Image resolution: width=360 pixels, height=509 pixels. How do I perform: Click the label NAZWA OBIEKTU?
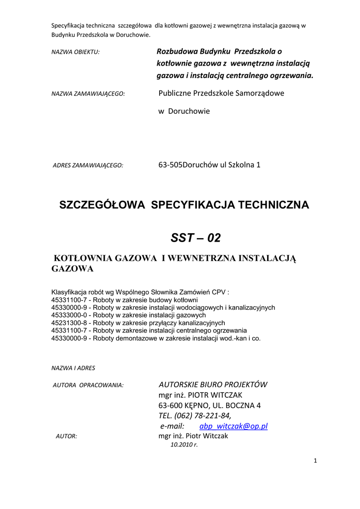tap(76, 52)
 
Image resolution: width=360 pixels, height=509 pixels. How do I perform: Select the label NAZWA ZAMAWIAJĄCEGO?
tap(88, 93)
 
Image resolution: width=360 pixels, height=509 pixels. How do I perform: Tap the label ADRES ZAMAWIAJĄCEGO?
tap(88, 166)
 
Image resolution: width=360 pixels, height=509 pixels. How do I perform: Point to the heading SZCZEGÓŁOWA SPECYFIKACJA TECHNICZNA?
tap(184, 205)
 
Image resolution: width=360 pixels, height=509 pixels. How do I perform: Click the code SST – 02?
tap(195, 238)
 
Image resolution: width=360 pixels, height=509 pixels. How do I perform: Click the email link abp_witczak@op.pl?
tap(234, 426)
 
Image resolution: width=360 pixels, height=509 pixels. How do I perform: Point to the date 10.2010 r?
tap(184, 445)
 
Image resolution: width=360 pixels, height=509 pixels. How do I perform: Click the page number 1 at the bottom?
tap(315, 461)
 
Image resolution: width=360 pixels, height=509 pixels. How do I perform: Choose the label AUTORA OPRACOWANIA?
tap(88, 385)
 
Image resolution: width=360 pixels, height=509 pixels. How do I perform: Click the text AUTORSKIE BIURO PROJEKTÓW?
tap(213, 384)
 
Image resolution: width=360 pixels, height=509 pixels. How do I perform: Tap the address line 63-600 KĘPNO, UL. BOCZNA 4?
tap(209, 406)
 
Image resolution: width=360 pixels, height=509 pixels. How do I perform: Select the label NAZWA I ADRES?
tap(73, 368)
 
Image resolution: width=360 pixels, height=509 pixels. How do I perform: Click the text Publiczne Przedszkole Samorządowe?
tap(221, 93)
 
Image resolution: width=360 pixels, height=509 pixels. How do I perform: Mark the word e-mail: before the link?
tap(172, 426)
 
